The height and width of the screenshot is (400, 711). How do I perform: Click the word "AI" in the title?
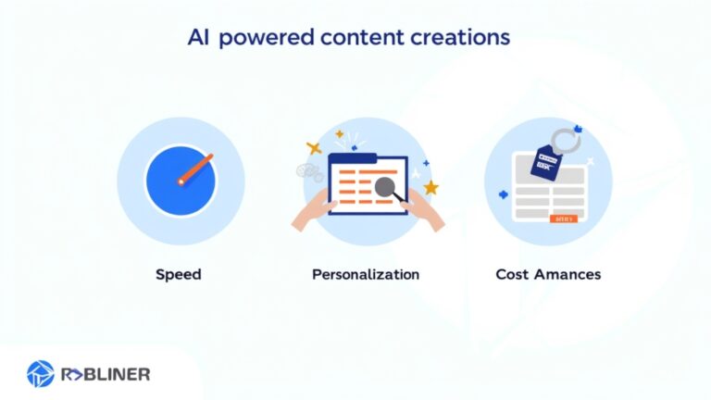point(198,38)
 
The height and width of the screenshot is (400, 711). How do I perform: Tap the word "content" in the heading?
point(353,39)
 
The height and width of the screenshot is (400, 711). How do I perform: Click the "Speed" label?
point(180,274)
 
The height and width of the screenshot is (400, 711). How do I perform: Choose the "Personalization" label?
point(365,274)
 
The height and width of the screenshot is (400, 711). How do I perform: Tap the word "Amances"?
point(568,274)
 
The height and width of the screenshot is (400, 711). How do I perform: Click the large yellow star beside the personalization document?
point(430,188)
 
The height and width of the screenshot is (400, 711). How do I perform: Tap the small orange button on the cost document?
point(562,219)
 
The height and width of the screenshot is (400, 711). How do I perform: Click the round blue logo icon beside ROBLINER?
point(40,374)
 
